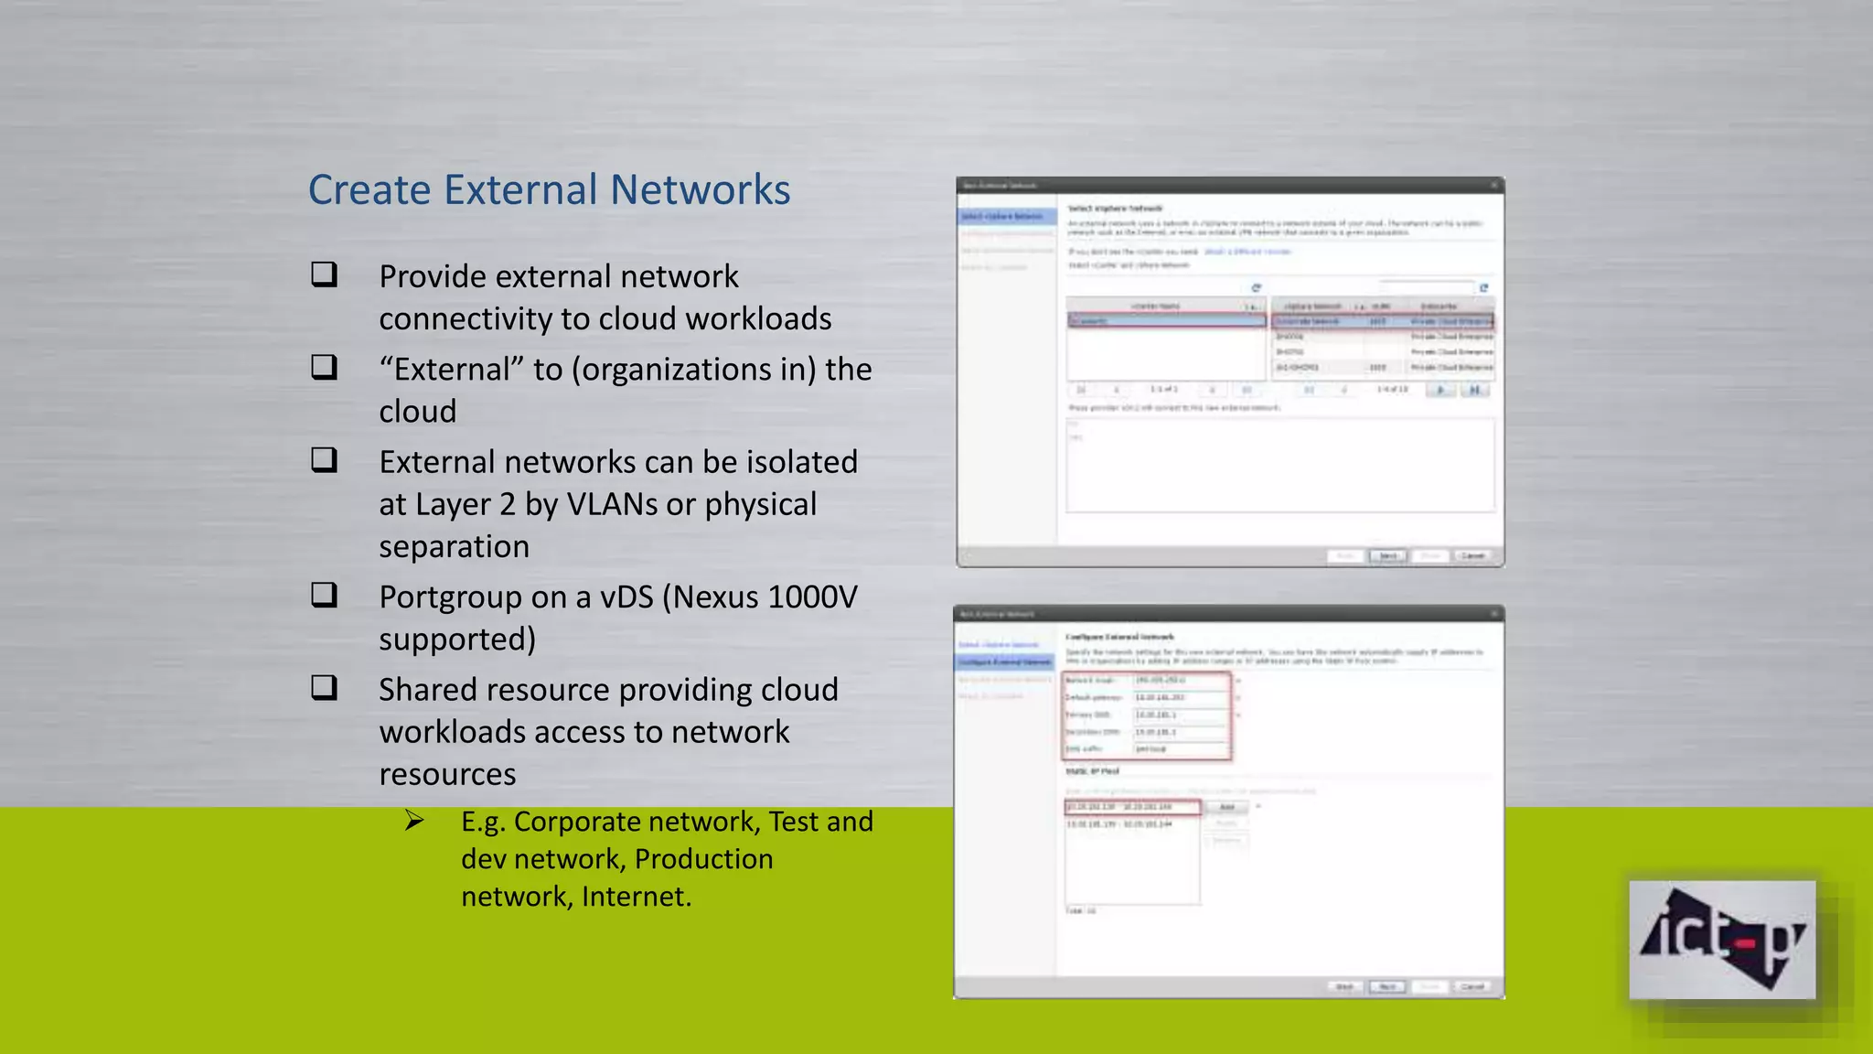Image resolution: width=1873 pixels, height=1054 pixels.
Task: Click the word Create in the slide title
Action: tap(369, 190)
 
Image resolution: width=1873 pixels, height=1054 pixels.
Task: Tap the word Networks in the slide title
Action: tap(700, 190)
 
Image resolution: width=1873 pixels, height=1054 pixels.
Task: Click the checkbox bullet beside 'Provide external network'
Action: tap(324, 274)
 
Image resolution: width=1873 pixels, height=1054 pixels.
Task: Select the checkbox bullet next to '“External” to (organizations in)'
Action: tap(324, 367)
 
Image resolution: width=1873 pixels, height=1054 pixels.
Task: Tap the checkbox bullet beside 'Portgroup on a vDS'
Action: tap(324, 595)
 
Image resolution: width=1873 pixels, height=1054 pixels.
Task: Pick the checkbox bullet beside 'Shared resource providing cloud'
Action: tap(324, 687)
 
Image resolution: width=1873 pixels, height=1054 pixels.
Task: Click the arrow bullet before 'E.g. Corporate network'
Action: tap(414, 821)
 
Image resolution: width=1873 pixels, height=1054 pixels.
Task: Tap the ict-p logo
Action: tap(1722, 940)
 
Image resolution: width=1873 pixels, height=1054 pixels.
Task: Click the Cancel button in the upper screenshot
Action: tap(1472, 556)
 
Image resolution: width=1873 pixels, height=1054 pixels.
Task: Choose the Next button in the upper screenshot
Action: tap(1387, 556)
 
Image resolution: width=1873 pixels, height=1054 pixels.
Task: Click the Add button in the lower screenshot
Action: tap(1227, 807)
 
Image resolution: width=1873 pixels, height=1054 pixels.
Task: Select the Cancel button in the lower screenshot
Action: tap(1472, 987)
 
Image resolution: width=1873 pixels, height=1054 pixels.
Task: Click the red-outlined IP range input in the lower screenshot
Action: tap(1132, 807)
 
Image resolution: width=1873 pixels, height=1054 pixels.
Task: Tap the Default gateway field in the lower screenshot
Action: tap(1180, 697)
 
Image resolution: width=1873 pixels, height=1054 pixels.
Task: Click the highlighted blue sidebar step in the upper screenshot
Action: tap(1005, 217)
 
